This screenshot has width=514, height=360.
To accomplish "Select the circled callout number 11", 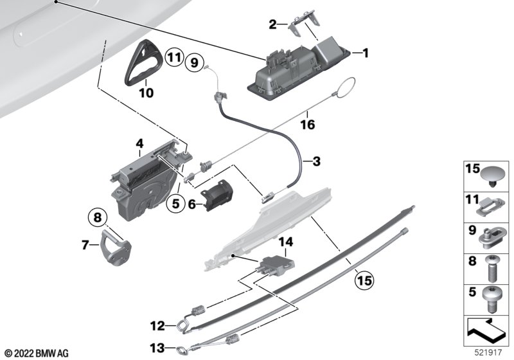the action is point(174,58).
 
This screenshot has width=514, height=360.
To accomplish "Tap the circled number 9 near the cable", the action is point(195,62).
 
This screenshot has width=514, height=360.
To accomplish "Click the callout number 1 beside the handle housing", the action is point(365,53).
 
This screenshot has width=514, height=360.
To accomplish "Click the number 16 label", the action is point(308,125).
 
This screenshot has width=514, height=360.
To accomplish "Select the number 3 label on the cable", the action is point(316,161).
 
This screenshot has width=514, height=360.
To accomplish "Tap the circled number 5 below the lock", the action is point(175,204).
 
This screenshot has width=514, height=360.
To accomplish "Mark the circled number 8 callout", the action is point(98,218).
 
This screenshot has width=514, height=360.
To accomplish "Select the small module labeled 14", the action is point(276,264).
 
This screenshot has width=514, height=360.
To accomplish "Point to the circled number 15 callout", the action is point(364,281).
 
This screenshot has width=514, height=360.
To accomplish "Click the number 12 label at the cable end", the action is point(157,326).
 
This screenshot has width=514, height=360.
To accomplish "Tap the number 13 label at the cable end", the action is point(157,348).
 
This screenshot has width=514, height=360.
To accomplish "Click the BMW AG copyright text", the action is point(37,354).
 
